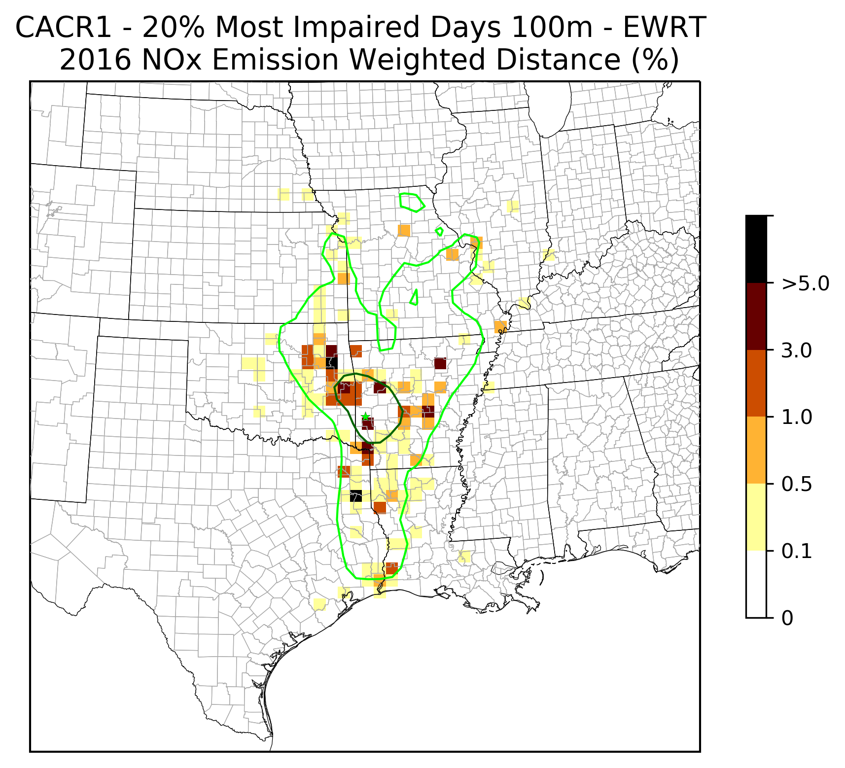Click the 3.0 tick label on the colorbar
(797, 350)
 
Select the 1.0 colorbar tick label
(797, 418)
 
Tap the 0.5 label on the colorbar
(797, 485)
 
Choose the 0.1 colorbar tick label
(797, 552)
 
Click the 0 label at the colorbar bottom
(787, 618)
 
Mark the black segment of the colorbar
(756, 249)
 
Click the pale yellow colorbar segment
(756, 517)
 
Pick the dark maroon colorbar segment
(756, 316)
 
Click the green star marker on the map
(365, 417)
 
